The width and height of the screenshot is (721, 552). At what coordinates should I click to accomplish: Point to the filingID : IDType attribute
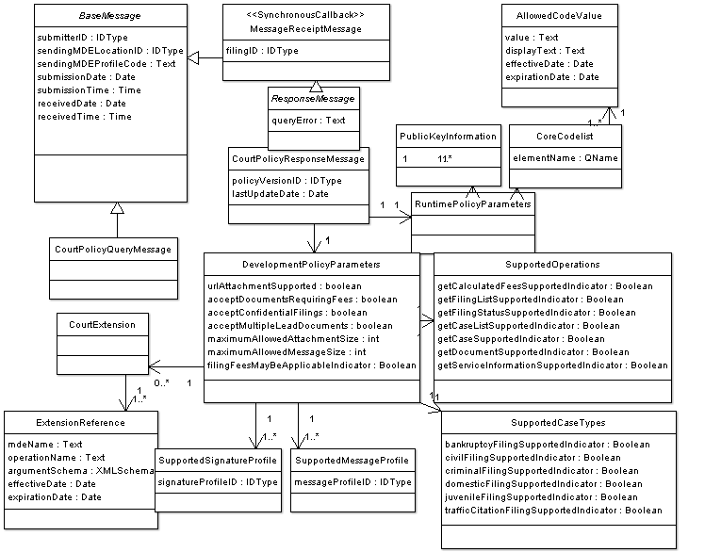262,51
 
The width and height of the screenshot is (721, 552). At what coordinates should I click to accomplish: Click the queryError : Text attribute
308,121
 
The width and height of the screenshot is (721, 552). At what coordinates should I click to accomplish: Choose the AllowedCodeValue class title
559,16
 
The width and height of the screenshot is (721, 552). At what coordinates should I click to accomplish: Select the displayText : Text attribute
545,51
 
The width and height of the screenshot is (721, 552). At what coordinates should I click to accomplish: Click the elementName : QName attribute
565,158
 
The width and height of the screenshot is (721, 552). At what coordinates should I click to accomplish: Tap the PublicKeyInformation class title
448,136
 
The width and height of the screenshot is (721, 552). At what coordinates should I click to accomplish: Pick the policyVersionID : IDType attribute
287,181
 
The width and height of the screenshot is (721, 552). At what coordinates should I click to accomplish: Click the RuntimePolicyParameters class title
473,203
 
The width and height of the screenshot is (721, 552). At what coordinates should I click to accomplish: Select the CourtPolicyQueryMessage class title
113,249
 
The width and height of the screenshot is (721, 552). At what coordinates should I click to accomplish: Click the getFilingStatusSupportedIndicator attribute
536,313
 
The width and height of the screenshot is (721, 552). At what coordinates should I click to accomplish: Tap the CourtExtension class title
102,324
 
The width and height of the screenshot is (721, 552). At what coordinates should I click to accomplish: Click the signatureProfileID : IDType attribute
217,482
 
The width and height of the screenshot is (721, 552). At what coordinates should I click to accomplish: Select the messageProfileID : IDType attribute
352,482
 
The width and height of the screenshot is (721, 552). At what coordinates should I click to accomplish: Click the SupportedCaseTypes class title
558,423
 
